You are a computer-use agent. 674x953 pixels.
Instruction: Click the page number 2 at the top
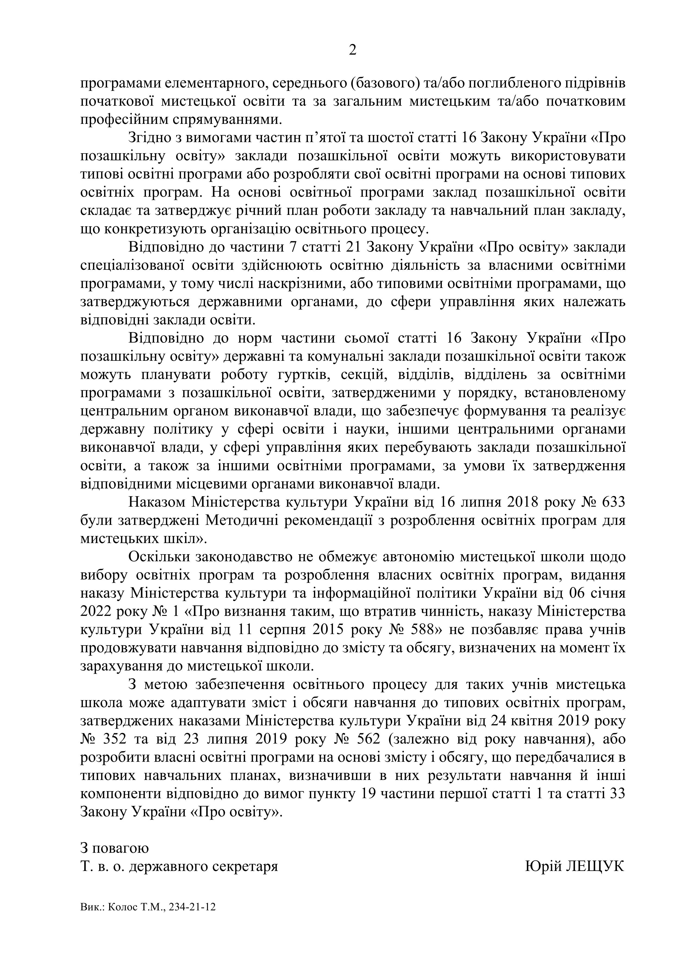coord(352,50)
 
